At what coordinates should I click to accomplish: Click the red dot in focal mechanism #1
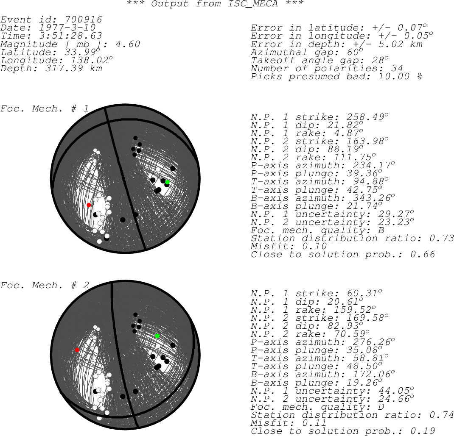pyautogui.click(x=89, y=205)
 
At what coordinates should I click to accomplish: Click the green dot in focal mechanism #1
pyautogui.click(x=167, y=182)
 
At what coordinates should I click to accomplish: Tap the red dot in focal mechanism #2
pyautogui.click(x=77, y=350)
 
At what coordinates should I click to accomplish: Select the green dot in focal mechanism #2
pyautogui.click(x=157, y=336)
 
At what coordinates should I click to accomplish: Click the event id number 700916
pyautogui.click(x=84, y=19)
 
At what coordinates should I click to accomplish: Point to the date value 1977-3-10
pyautogui.click(x=67, y=28)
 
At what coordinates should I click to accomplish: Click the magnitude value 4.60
pyautogui.click(x=128, y=44)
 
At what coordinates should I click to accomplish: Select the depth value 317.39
pyautogui.click(x=64, y=69)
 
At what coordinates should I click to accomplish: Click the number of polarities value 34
pyautogui.click(x=397, y=69)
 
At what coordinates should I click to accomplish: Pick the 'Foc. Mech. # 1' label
pyautogui.click(x=44, y=109)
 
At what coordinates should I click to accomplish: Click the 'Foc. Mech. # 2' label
pyautogui.click(x=44, y=285)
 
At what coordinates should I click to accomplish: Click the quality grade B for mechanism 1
pyautogui.click(x=381, y=230)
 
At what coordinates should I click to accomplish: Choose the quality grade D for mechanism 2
pyautogui.click(x=381, y=407)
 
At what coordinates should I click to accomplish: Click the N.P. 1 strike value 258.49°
pyautogui.click(x=367, y=117)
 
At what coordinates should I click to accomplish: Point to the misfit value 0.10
pyautogui.click(x=314, y=247)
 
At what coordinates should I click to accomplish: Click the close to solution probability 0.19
pyautogui.click(x=423, y=431)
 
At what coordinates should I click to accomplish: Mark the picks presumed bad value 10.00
pyautogui.click(x=394, y=77)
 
